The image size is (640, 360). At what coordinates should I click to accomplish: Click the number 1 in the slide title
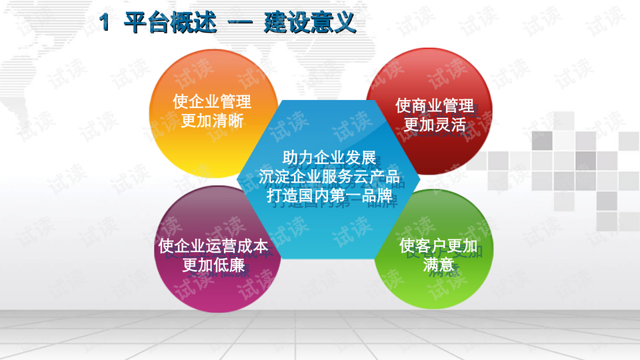105,22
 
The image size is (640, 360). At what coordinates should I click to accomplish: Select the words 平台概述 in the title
170,23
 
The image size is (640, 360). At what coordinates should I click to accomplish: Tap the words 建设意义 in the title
310,23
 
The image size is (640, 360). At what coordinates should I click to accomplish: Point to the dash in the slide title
241,23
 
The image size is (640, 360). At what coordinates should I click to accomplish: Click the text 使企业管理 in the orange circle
212,101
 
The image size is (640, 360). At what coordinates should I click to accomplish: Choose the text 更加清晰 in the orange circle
212,121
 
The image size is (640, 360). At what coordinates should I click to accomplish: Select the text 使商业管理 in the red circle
435,106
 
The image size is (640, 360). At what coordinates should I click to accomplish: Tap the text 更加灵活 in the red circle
435,125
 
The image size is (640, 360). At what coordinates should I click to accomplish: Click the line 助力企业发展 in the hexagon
329,158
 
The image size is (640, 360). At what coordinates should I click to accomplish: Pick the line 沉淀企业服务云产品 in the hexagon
329,177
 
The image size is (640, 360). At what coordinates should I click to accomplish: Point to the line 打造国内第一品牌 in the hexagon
329,195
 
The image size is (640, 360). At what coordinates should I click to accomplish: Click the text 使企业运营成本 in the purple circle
213,246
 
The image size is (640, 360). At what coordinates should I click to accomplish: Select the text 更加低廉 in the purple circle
213,265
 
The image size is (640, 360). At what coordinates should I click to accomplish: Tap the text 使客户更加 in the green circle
439,246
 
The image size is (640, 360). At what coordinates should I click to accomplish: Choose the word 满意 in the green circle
439,265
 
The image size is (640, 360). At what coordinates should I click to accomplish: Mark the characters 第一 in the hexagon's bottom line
345,195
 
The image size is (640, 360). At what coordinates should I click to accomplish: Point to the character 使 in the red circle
403,106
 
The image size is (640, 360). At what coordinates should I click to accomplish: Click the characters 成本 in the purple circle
253,246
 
